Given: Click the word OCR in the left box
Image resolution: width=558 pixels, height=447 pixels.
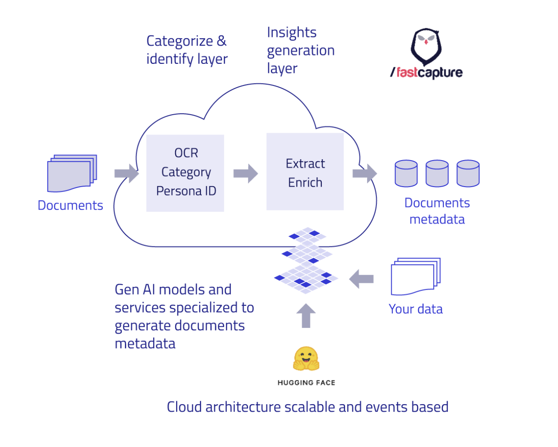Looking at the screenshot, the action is tap(186, 153).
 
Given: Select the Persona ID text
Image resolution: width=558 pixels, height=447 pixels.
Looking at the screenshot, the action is tap(186, 191).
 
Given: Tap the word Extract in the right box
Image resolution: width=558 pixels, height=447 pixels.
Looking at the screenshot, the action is tap(305, 164).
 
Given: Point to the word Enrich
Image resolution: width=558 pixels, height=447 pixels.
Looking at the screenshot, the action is tap(305, 183).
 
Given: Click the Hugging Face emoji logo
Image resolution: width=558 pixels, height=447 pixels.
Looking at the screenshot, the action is tap(306, 358).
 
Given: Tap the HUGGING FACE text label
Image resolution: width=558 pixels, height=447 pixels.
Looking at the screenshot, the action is tap(306, 383).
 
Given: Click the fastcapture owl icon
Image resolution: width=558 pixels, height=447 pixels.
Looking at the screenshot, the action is tap(426, 47).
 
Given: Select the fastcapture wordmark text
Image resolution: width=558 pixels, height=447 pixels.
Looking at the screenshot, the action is tap(426, 72).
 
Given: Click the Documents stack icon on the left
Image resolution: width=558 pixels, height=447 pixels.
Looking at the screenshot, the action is tap(72, 174).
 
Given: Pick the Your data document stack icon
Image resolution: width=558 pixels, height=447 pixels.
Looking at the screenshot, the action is tap(416, 277).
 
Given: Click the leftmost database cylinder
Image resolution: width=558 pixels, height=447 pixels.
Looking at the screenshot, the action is tap(406, 174).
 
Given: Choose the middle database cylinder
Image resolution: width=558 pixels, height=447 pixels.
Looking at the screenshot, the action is tap(437, 174).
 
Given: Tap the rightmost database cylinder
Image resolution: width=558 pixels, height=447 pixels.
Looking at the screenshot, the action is tap(468, 174).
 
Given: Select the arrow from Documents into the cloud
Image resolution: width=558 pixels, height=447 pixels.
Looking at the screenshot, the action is tap(127, 174).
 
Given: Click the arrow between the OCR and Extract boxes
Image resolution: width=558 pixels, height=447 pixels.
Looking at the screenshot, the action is tap(246, 174).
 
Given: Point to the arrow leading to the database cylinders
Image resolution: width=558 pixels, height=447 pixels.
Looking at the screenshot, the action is tap(364, 174).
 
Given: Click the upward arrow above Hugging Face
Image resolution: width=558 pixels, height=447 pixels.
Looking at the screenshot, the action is tap(306, 316).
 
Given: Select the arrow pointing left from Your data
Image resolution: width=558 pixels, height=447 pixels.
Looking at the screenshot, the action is tap(361, 279).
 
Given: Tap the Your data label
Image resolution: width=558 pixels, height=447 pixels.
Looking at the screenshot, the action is tap(416, 309).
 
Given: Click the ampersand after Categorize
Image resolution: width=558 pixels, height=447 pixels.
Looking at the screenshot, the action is tap(221, 41).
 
